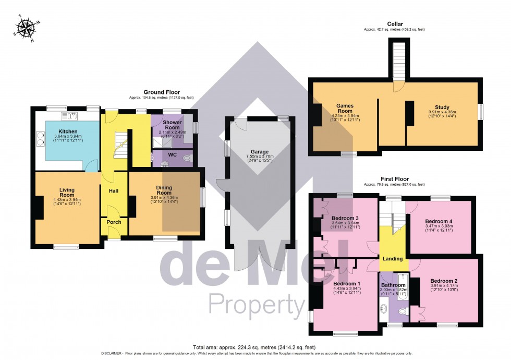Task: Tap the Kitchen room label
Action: point(67,131)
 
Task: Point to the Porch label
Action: point(114,222)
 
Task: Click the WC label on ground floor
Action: point(172,155)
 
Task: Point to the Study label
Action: point(442,107)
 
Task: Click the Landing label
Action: point(393,259)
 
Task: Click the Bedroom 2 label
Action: point(445,280)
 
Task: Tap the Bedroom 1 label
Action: point(347,283)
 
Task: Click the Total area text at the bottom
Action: point(254,347)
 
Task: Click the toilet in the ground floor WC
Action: point(187,157)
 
